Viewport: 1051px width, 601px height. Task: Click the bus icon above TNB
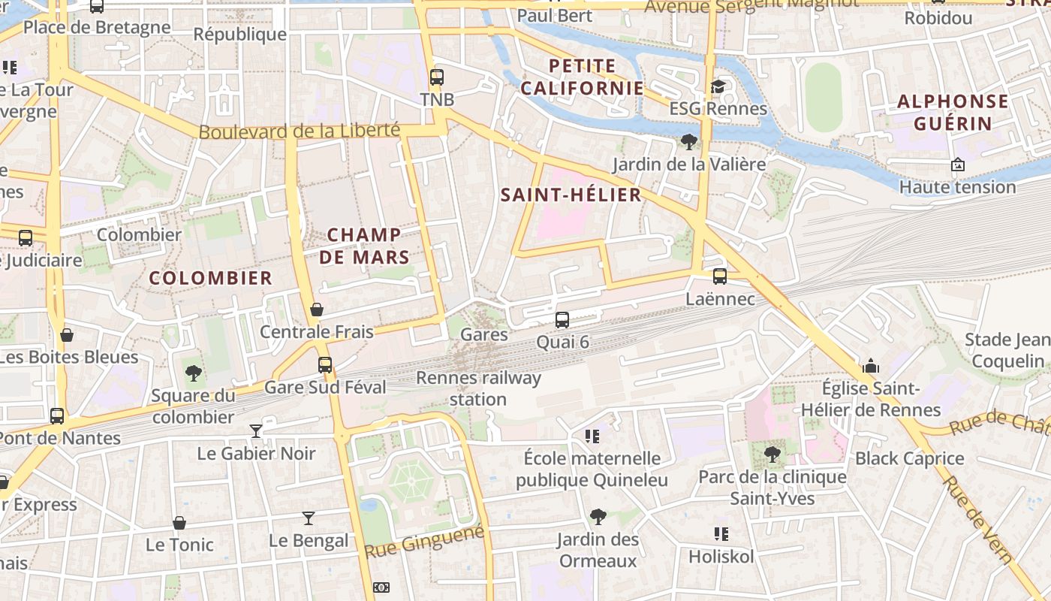(x=436, y=77)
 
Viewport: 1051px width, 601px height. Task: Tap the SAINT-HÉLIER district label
(x=571, y=195)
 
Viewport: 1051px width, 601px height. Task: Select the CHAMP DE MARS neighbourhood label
(x=369, y=246)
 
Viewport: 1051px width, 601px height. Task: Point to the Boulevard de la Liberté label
(x=299, y=131)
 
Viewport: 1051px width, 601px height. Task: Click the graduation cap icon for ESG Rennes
(x=718, y=86)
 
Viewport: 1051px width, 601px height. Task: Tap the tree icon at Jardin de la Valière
(x=688, y=141)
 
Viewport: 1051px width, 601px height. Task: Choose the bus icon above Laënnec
(x=720, y=276)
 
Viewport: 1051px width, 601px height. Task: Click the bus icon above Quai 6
(x=562, y=320)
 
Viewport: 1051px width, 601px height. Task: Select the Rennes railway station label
(x=478, y=388)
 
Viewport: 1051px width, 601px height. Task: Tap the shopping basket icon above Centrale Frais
(x=317, y=310)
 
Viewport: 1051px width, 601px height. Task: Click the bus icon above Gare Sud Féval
(x=325, y=365)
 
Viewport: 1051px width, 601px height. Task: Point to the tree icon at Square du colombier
(x=194, y=373)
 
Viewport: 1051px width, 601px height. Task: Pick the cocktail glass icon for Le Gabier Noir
(x=256, y=431)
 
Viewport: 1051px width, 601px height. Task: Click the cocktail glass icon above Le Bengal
(x=309, y=518)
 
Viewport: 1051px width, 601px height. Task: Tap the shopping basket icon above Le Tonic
(x=179, y=523)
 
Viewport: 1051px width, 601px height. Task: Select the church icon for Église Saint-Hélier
(x=871, y=366)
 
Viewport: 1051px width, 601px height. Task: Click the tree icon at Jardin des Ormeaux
(x=598, y=517)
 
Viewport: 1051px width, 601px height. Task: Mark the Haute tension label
(x=957, y=186)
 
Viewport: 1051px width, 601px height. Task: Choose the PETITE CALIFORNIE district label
(x=582, y=77)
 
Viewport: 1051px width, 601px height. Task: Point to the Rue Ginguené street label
(x=425, y=542)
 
